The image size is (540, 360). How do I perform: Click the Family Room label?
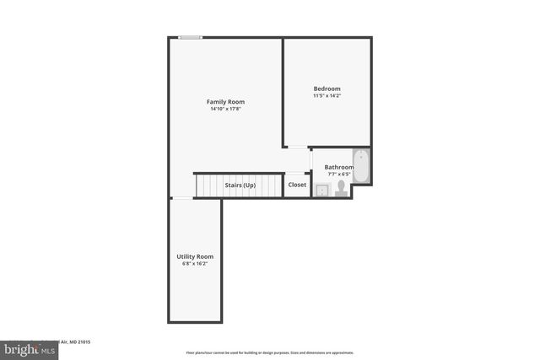[225, 101]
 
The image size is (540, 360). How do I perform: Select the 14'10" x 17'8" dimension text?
[225, 109]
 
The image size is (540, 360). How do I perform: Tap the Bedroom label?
[327, 89]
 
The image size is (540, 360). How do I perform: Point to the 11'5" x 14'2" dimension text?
[327, 95]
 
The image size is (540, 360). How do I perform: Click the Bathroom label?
[338, 167]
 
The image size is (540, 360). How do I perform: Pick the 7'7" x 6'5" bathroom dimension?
[338, 174]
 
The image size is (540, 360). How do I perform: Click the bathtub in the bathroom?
[361, 166]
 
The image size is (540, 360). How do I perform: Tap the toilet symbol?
[342, 188]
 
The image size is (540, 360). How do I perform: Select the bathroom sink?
[322, 191]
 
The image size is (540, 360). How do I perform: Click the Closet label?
[297, 185]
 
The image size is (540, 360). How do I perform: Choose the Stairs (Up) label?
[240, 185]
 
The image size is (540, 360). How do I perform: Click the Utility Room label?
[195, 256]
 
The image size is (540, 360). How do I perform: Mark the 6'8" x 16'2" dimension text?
[195, 264]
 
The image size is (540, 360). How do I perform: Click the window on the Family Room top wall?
[190, 37]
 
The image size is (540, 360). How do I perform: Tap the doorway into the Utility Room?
[181, 198]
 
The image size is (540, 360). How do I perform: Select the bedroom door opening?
[297, 148]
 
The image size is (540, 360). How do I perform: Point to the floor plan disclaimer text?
[269, 352]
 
